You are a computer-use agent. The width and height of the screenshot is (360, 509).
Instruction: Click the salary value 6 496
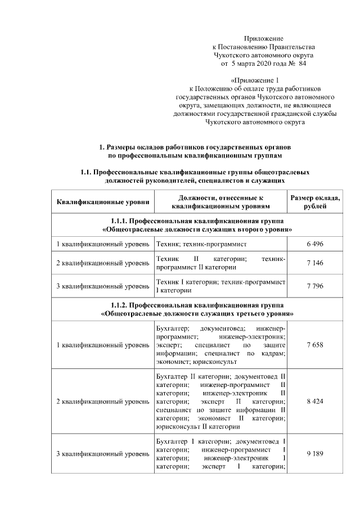pos(315,244)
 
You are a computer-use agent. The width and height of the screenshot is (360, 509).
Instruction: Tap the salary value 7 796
pos(315,286)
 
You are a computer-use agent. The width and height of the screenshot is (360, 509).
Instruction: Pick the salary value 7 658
pos(315,344)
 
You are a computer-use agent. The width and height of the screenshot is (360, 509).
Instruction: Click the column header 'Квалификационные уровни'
pos(103,202)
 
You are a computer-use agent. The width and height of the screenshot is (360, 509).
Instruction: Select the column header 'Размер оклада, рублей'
pos(315,202)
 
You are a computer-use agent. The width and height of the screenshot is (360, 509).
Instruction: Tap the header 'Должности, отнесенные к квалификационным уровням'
pos(220,202)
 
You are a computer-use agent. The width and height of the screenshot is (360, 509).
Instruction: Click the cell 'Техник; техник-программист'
pos(201,244)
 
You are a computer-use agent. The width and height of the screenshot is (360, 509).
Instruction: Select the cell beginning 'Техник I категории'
pos(220,286)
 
